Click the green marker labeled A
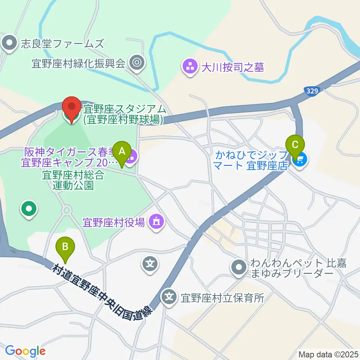click(x=122, y=152)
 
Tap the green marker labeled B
click(x=65, y=247)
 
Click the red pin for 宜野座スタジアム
click(x=71, y=109)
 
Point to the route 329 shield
click(x=312, y=91)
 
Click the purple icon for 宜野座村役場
click(x=156, y=222)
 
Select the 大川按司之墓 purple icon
click(x=190, y=67)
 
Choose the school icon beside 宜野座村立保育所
click(x=169, y=298)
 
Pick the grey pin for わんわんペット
click(x=239, y=268)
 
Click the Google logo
click(x=25, y=351)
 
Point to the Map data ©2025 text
click(x=328, y=354)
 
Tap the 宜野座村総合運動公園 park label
click(x=67, y=180)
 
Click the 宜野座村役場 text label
click(x=114, y=223)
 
